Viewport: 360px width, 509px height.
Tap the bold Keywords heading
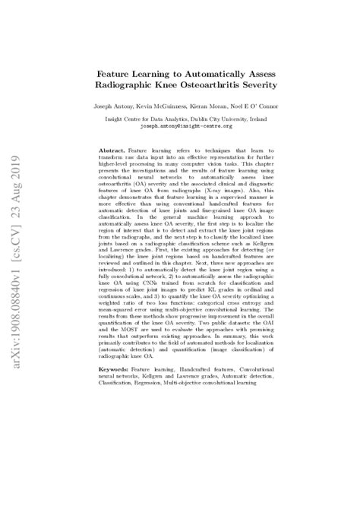point(114,368)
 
